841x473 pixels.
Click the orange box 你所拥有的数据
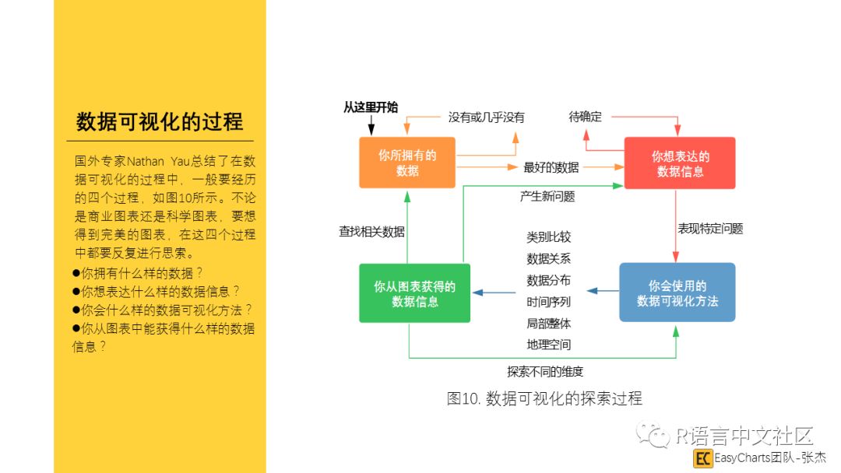click(407, 163)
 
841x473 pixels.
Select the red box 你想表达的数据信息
click(680, 163)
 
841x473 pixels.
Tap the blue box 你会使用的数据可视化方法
click(677, 293)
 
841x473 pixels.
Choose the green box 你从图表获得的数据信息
click(415, 293)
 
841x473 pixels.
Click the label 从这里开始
click(371, 107)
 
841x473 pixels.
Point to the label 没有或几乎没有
click(486, 117)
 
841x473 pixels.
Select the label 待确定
click(585, 117)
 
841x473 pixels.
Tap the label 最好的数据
click(551, 167)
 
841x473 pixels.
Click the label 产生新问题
click(547, 197)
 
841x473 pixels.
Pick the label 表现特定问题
click(710, 229)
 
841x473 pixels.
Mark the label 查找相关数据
click(371, 231)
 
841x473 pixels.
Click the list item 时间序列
click(548, 302)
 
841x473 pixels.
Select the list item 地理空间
click(548, 344)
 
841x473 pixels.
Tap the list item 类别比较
click(548, 237)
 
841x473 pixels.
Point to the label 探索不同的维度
click(545, 372)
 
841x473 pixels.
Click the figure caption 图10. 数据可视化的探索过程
click(544, 398)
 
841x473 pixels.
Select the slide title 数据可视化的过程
click(160, 122)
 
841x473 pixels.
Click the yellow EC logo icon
click(702, 457)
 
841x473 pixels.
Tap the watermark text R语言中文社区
click(743, 435)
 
